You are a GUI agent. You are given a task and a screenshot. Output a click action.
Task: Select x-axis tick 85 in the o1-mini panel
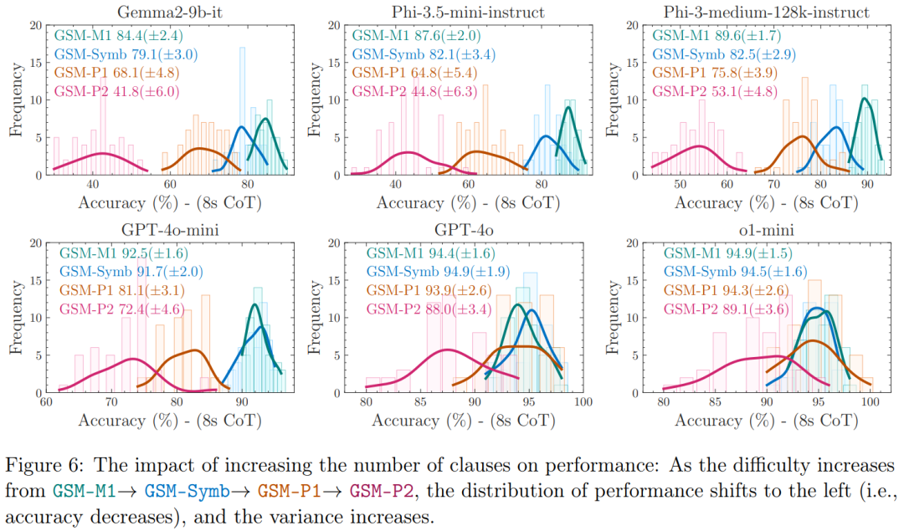click(715, 401)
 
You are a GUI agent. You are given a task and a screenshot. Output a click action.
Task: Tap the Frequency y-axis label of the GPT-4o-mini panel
click(14, 317)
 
